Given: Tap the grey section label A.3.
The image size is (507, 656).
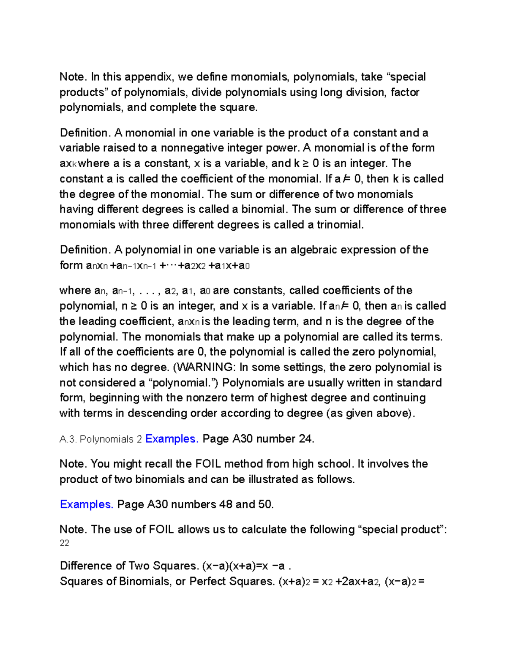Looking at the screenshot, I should (x=68, y=439).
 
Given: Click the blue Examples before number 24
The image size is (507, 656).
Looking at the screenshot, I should (x=172, y=439).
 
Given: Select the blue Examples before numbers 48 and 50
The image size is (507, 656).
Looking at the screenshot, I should (x=87, y=504).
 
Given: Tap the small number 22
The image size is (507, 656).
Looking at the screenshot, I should (x=64, y=543).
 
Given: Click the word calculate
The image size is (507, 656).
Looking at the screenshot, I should (x=263, y=529).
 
